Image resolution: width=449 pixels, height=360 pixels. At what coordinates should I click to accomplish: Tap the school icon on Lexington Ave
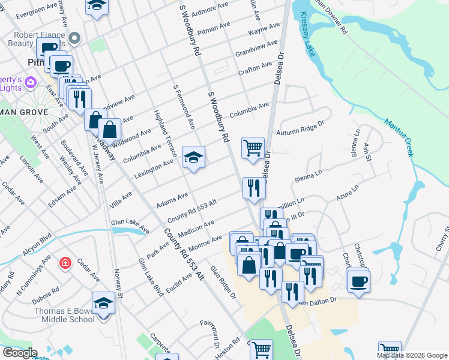[193, 158]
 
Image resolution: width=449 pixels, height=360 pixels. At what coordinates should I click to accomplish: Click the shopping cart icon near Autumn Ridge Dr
[253, 147]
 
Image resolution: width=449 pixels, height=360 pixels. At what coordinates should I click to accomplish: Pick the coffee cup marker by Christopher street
[358, 280]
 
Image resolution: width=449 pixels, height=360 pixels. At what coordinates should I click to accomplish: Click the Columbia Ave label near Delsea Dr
[249, 110]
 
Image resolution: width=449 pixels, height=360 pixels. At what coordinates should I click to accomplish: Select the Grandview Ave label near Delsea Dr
[256, 47]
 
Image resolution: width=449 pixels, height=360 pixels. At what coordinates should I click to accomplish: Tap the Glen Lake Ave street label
[130, 226]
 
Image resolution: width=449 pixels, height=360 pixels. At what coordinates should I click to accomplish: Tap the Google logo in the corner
[19, 353]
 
